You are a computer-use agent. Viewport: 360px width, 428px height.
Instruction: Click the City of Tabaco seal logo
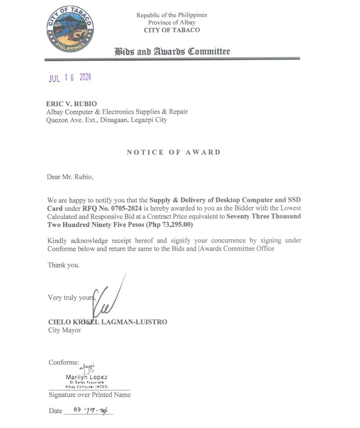point(70,29)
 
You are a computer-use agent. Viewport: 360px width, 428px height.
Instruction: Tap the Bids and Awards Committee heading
point(172,51)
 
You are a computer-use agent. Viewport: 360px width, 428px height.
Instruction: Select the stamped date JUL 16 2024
point(70,78)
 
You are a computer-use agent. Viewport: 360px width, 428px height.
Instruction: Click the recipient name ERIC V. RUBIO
point(72,104)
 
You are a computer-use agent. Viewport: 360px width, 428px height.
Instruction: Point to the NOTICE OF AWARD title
point(174,152)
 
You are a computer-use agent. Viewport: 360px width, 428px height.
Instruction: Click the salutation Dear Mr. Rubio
point(70,177)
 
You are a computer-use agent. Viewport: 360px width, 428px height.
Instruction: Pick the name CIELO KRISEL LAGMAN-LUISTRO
point(107,322)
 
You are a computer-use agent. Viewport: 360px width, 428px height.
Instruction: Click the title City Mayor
point(64,330)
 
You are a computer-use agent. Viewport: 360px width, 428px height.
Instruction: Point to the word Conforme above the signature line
point(64,362)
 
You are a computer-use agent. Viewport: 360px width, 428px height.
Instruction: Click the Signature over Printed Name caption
point(89,394)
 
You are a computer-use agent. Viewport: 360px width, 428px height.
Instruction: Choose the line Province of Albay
point(172,23)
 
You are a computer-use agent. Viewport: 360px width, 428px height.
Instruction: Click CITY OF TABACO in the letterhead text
point(172,30)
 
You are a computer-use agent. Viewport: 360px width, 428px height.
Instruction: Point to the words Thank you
point(63,265)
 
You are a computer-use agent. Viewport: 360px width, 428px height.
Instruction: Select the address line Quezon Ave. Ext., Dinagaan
point(107,120)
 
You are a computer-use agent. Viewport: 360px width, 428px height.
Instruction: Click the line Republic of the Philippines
point(172,15)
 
